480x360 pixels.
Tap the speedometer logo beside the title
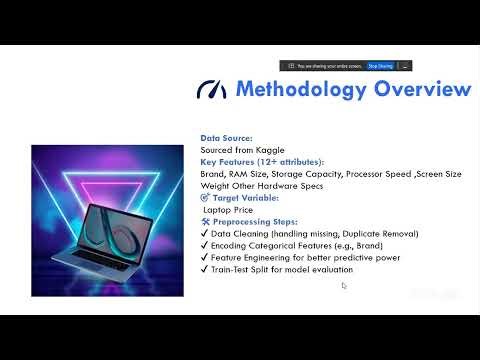(x=212, y=90)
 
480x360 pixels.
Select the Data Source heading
(x=226, y=138)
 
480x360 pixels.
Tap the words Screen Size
(x=442, y=174)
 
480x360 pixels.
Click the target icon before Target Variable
(x=204, y=198)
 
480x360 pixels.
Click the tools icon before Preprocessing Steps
(x=205, y=222)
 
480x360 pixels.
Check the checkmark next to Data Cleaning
(x=205, y=234)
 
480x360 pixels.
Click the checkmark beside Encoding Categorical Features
(x=205, y=246)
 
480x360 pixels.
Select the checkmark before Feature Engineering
(x=205, y=258)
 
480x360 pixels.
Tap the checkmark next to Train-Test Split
(x=205, y=270)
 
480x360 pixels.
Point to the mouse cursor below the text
(x=343, y=286)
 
